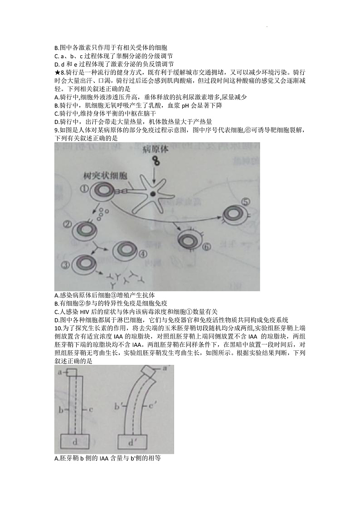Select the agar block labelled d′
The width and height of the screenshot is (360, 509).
132,443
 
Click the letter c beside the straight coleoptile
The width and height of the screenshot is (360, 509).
91,410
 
